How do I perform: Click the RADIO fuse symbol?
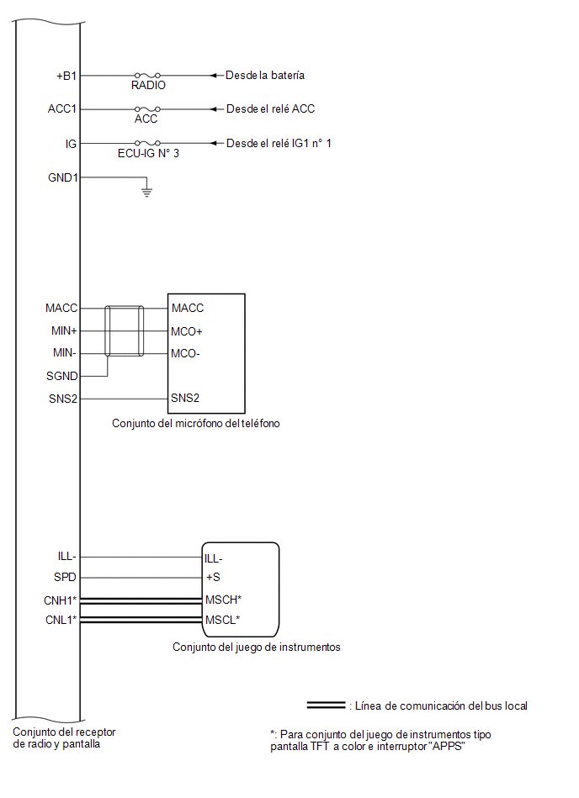tap(147, 76)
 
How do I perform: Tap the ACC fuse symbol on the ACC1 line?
tap(147, 109)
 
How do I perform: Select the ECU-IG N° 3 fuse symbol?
tap(147, 143)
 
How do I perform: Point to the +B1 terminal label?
tap(66, 76)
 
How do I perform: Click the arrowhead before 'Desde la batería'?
tap(215, 76)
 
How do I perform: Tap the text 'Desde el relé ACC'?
tap(270, 109)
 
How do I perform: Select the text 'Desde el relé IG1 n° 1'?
tap(279, 143)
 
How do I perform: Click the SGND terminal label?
tap(62, 376)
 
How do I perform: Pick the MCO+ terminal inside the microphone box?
tap(186, 332)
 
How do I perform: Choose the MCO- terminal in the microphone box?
tap(185, 354)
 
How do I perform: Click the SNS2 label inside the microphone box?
tap(185, 398)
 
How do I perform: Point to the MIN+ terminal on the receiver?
tap(64, 330)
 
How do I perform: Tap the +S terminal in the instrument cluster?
tap(213, 577)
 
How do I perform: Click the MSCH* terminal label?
tap(223, 600)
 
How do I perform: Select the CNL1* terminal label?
tap(61, 620)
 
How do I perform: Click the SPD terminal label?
tap(65, 577)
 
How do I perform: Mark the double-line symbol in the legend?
tap(326, 706)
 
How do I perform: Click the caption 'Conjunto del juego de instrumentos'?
tap(256, 647)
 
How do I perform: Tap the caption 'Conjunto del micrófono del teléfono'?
tap(195, 424)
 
